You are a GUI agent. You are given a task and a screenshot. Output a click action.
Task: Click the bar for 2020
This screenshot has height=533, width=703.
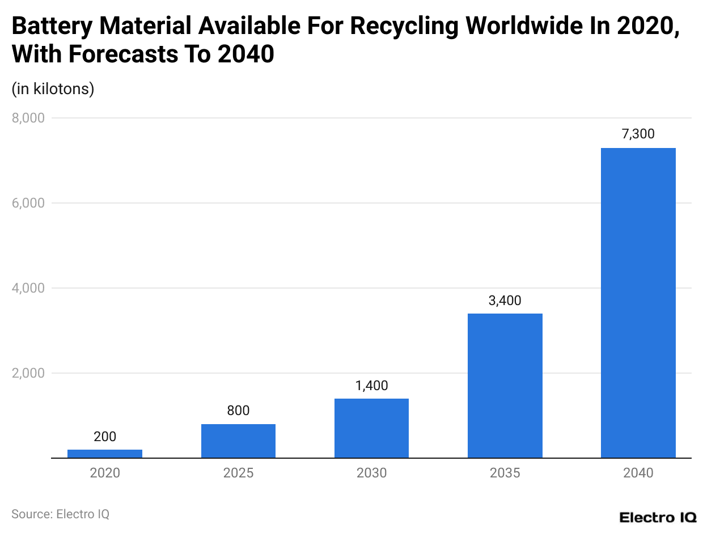[x=105, y=453]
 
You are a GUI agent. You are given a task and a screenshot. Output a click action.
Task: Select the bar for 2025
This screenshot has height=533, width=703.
[x=238, y=441]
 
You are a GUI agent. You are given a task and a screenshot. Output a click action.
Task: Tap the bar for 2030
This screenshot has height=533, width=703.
[x=371, y=428]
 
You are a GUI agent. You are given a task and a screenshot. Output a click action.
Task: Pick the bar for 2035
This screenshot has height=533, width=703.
[x=505, y=386]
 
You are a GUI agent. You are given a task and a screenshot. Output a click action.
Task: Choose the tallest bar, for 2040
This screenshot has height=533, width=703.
[x=638, y=303]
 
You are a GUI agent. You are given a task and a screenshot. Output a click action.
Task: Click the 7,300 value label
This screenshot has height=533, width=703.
[x=638, y=134]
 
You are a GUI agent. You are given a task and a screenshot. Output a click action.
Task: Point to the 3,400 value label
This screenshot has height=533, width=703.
[x=505, y=301]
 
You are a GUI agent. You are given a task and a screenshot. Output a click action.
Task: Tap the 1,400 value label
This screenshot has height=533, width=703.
[x=371, y=386]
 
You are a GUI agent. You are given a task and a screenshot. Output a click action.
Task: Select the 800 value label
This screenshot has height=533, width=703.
[x=238, y=411]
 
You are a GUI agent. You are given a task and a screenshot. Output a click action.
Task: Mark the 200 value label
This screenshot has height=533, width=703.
[x=105, y=437]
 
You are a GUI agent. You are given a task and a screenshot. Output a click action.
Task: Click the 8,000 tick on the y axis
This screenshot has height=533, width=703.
[x=28, y=118]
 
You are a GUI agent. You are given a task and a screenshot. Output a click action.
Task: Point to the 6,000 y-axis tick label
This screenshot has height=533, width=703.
[x=28, y=203]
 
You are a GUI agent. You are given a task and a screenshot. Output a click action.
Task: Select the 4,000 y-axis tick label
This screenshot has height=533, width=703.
[x=28, y=288]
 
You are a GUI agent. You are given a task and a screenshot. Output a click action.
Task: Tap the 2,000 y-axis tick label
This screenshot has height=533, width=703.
[x=28, y=373]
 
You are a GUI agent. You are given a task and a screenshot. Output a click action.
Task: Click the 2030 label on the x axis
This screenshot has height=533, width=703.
[x=371, y=473]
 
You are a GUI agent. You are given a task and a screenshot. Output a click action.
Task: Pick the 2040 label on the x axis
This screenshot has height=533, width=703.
[x=638, y=473]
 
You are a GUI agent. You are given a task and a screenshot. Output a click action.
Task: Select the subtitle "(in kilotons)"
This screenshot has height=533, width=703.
[x=53, y=89]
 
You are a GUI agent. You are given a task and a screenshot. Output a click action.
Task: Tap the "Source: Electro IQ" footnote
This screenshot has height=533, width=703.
[x=60, y=514]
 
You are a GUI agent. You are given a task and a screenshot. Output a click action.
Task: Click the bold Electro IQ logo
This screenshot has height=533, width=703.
[x=658, y=517]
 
